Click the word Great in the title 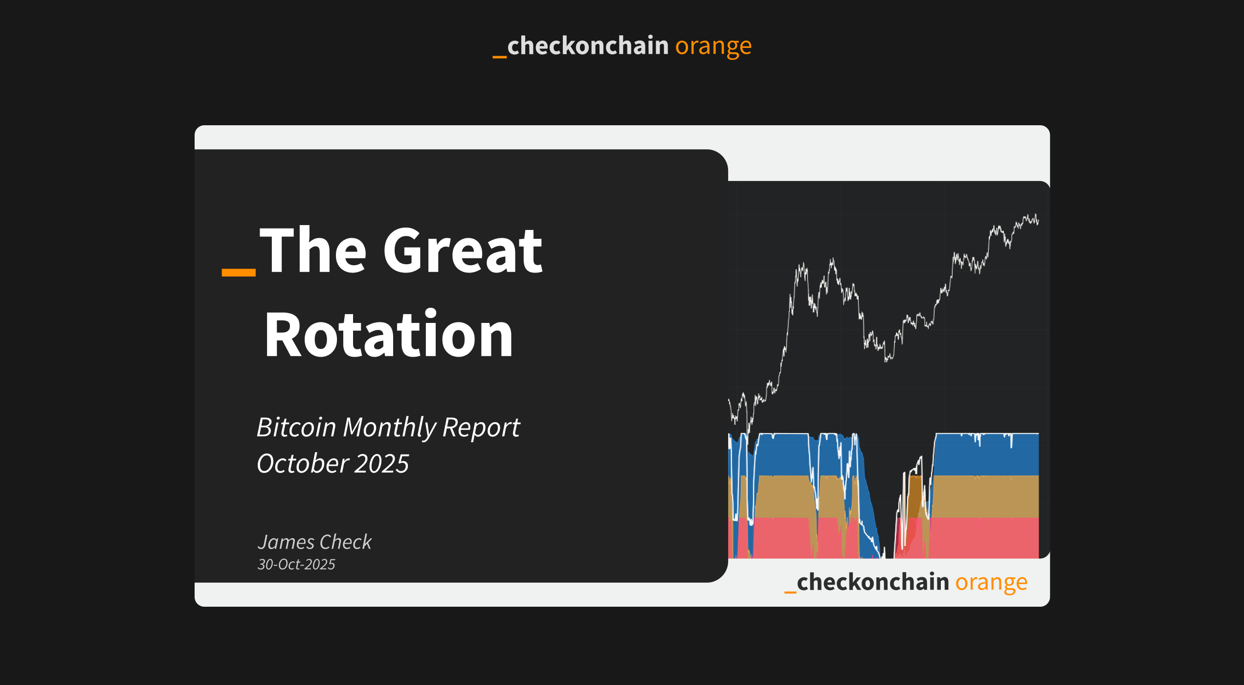point(462,251)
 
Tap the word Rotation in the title point(389,335)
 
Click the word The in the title point(313,251)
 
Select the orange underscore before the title point(239,272)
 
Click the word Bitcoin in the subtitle point(296,427)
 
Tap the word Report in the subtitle point(481,427)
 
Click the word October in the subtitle point(303,463)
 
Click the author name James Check point(314,542)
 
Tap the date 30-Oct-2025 point(296,565)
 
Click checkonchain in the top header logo point(588,46)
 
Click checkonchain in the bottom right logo point(873,582)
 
